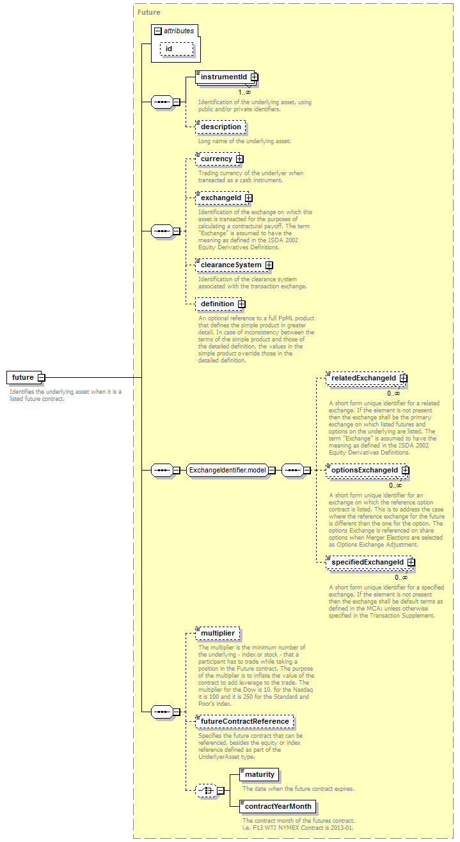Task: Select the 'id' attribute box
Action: point(177,49)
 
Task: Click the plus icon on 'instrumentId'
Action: point(254,77)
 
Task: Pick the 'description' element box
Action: point(221,127)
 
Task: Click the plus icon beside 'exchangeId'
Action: point(248,198)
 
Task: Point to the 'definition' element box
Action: point(220,304)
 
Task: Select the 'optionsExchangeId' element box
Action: point(367,471)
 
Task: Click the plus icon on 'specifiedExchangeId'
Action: point(411,563)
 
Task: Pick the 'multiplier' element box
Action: point(218,634)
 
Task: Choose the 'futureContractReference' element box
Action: point(244,722)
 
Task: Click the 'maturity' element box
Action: point(259,775)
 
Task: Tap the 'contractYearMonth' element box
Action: point(278,807)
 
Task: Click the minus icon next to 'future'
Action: point(42,377)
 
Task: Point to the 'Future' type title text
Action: point(149,12)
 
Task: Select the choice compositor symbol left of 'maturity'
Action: point(207,791)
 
